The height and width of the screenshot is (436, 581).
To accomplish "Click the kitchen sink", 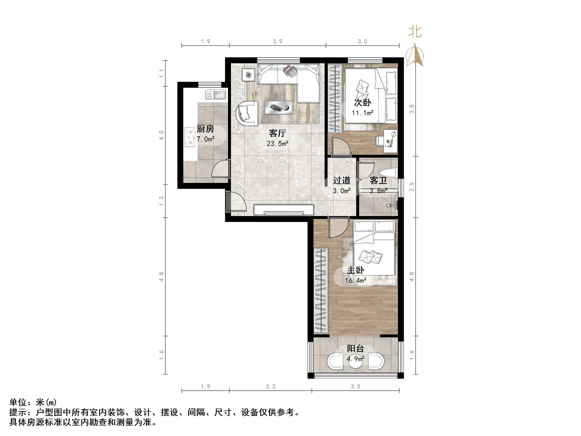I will [x=215, y=95].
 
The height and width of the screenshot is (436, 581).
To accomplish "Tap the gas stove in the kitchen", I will [x=190, y=137].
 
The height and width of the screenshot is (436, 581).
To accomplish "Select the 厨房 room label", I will [x=205, y=129].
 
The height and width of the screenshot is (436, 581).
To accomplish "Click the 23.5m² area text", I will [x=277, y=144].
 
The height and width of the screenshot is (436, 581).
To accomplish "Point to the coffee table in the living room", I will [x=278, y=108].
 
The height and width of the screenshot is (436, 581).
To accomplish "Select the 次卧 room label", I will [x=362, y=103].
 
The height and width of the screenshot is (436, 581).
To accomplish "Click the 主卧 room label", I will [x=355, y=270].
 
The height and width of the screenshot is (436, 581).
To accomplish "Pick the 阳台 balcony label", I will [x=355, y=349].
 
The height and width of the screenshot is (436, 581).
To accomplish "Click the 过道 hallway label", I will [x=341, y=180].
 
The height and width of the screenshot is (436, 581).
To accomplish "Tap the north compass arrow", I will [x=415, y=55].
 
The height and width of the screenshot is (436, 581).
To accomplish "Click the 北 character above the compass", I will [x=415, y=32].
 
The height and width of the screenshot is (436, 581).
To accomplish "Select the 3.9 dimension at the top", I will [x=277, y=42].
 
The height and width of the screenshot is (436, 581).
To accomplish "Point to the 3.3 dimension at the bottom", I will [x=270, y=386].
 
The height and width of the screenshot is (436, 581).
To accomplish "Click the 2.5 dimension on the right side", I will [x=412, y=187].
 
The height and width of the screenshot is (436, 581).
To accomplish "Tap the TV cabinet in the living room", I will [x=284, y=210].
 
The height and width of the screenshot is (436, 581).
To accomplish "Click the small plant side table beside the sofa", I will [x=249, y=75].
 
